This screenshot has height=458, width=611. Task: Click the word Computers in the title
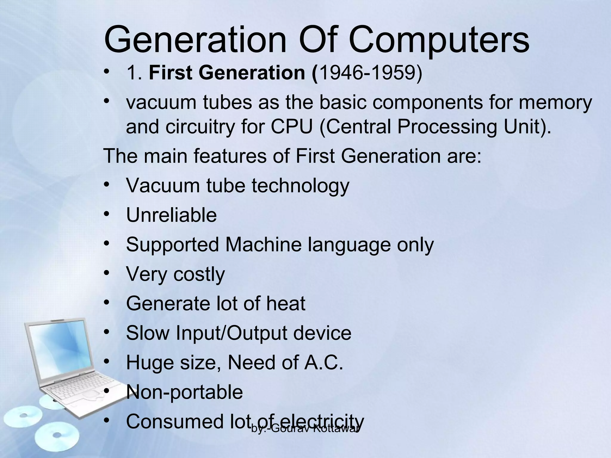pyautogui.click(x=439, y=40)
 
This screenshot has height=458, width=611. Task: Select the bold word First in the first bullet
pyautogui.click(x=171, y=73)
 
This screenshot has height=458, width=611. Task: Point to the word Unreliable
pyautogui.click(x=171, y=215)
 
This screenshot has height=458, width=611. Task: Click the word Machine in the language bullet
pyautogui.click(x=263, y=245)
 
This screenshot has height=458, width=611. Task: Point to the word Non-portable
pyautogui.click(x=184, y=392)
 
